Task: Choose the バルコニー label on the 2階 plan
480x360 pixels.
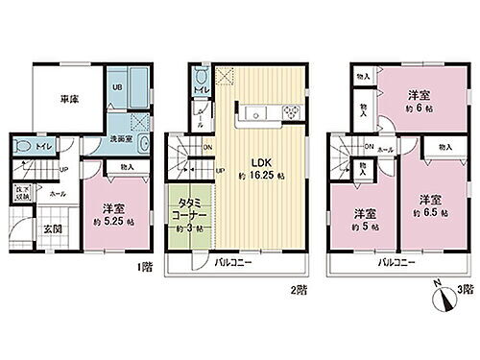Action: coord(229,261)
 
